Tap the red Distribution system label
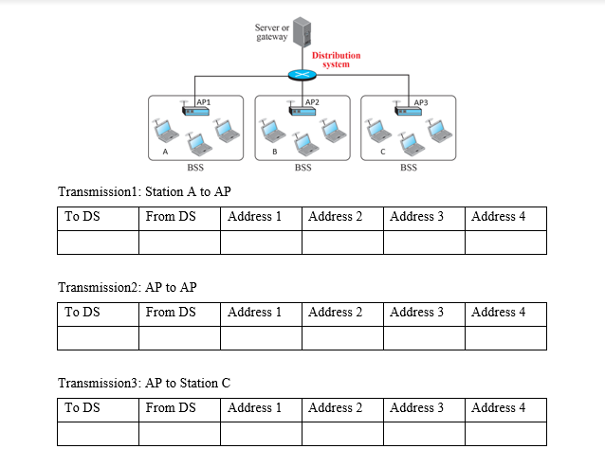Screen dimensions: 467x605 337,60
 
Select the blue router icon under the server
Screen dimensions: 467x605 302,76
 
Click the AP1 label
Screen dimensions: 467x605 203,100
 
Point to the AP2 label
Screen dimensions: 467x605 312,100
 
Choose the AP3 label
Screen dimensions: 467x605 422,100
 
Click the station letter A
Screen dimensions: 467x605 165,152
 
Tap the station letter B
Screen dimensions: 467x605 274,152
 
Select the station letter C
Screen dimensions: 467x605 382,152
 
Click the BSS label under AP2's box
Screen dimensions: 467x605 302,168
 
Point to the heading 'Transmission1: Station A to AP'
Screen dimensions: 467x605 144,192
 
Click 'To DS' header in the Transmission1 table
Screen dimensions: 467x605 82,217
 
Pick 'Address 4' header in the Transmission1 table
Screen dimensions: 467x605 498,217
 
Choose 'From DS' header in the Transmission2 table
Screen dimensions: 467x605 171,313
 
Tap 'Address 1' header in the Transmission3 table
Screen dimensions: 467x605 254,408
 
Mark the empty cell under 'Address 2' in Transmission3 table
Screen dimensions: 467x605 342,433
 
